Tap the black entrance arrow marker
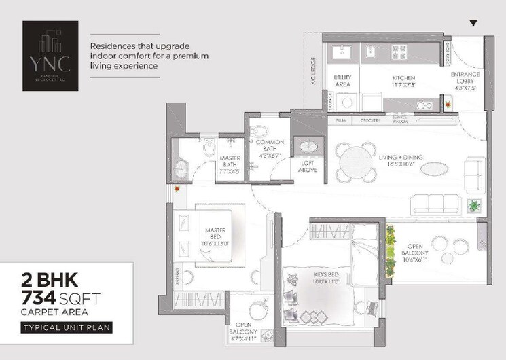tap(473, 23)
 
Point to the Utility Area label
tap(343, 82)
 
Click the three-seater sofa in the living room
tap(438, 203)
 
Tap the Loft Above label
tap(308, 166)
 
